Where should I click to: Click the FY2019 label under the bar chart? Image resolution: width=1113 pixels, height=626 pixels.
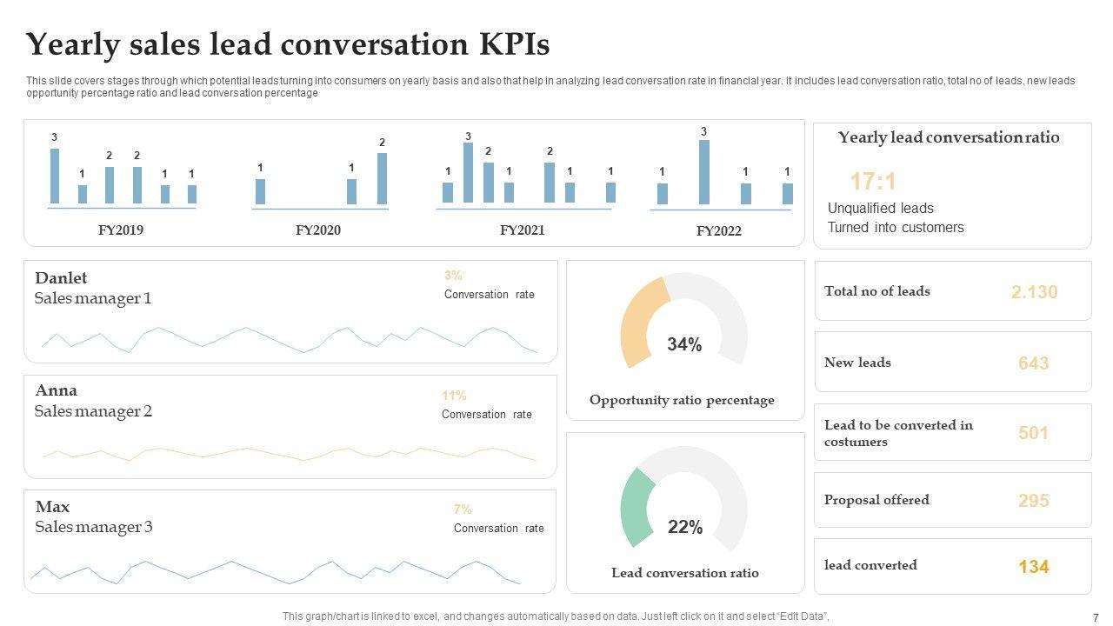(x=121, y=230)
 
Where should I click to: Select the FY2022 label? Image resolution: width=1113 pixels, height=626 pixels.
(x=718, y=231)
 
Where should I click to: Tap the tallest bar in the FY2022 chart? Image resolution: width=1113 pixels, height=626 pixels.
(x=703, y=172)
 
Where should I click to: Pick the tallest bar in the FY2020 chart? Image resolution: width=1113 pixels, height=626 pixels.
(x=382, y=179)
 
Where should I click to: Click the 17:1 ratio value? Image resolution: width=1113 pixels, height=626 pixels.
(x=872, y=182)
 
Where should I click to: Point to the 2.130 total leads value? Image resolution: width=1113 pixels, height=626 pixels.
(x=1034, y=292)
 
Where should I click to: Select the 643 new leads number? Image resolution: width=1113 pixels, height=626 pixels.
(x=1033, y=363)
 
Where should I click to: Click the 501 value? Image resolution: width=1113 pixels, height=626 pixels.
(x=1033, y=433)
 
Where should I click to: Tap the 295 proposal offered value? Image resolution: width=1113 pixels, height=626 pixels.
(x=1033, y=501)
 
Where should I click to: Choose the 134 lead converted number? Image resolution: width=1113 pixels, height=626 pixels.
(x=1033, y=567)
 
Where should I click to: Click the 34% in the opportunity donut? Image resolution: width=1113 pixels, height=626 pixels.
(x=684, y=345)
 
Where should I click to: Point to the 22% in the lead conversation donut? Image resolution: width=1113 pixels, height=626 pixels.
(x=684, y=527)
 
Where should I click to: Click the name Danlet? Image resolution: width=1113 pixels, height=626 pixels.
(x=61, y=278)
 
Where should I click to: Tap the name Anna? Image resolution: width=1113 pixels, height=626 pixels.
(x=57, y=390)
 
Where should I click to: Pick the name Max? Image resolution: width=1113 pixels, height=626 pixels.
(x=52, y=507)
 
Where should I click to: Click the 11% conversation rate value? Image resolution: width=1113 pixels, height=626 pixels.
(x=454, y=396)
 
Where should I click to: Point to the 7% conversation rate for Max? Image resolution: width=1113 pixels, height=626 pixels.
(x=463, y=509)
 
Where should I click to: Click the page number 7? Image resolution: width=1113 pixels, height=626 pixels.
(x=1095, y=616)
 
